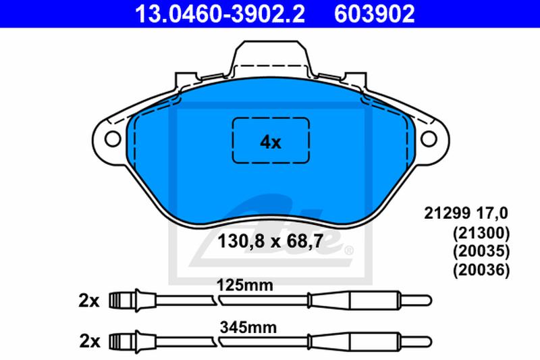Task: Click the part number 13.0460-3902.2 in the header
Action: click(220, 14)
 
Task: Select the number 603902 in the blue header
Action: click(375, 14)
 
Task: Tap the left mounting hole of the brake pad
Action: click(113, 139)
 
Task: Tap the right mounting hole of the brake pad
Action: click(429, 139)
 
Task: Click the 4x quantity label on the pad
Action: click(271, 142)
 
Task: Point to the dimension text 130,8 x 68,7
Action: click(271, 241)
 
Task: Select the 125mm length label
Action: click(244, 285)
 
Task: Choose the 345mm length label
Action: click(248, 328)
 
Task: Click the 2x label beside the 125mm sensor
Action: click(89, 301)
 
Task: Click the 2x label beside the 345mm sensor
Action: click(90, 341)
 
